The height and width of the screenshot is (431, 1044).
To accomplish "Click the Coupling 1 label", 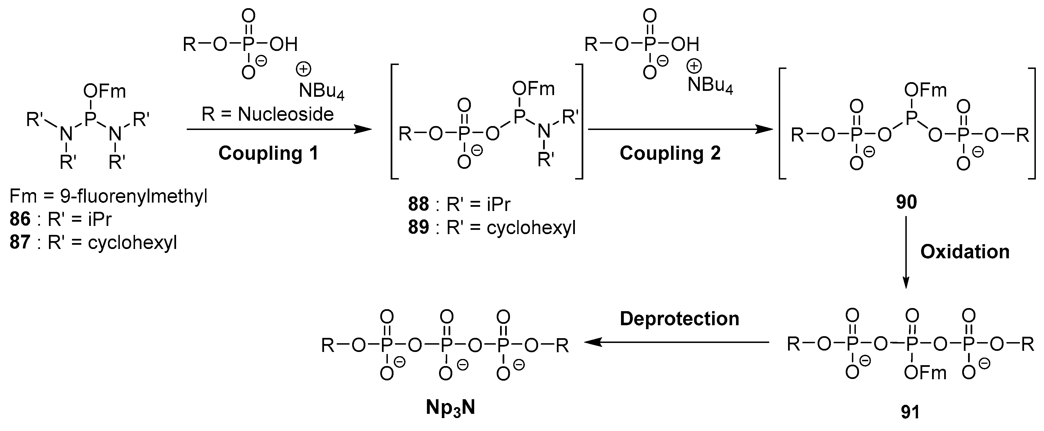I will point(268,154).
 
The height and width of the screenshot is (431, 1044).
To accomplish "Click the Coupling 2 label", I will point(670,154).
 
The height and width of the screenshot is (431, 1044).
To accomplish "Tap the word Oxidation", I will point(965,252).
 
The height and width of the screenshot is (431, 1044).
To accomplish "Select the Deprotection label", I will point(679,319).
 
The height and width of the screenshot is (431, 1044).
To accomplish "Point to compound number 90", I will point(906,202).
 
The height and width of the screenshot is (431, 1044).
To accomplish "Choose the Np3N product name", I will point(450,407).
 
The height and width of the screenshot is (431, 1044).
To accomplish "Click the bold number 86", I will point(20,219).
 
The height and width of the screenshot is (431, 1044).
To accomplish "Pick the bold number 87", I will point(20,243).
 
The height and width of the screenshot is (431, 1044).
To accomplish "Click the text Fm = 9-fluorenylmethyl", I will point(108,197).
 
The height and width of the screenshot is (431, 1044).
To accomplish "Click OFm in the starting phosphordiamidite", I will point(105,92).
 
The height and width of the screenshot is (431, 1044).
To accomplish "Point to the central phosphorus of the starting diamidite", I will point(90,118).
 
